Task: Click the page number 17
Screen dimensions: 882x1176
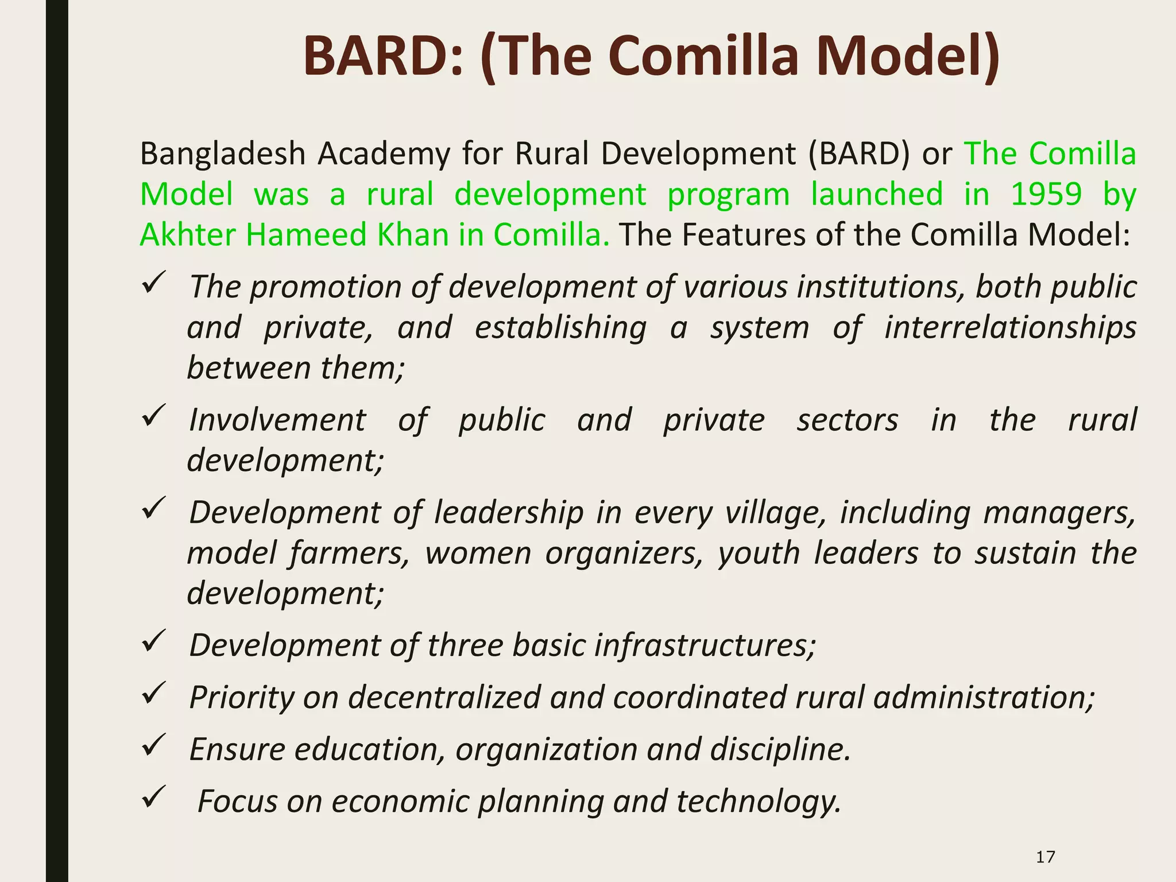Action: click(1045, 857)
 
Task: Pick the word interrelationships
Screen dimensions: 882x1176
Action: click(1010, 327)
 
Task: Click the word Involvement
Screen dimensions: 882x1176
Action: click(277, 420)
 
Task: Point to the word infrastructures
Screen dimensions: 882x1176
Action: click(705, 645)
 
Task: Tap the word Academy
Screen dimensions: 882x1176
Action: click(384, 154)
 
